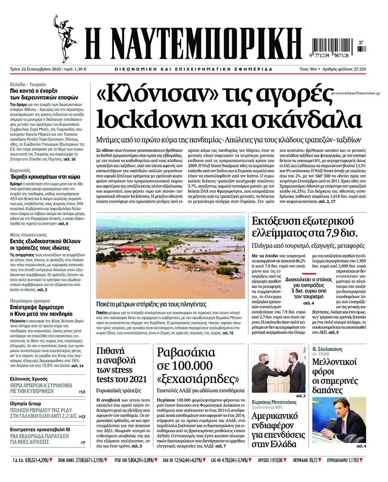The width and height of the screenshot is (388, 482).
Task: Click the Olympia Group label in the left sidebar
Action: (26, 403)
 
